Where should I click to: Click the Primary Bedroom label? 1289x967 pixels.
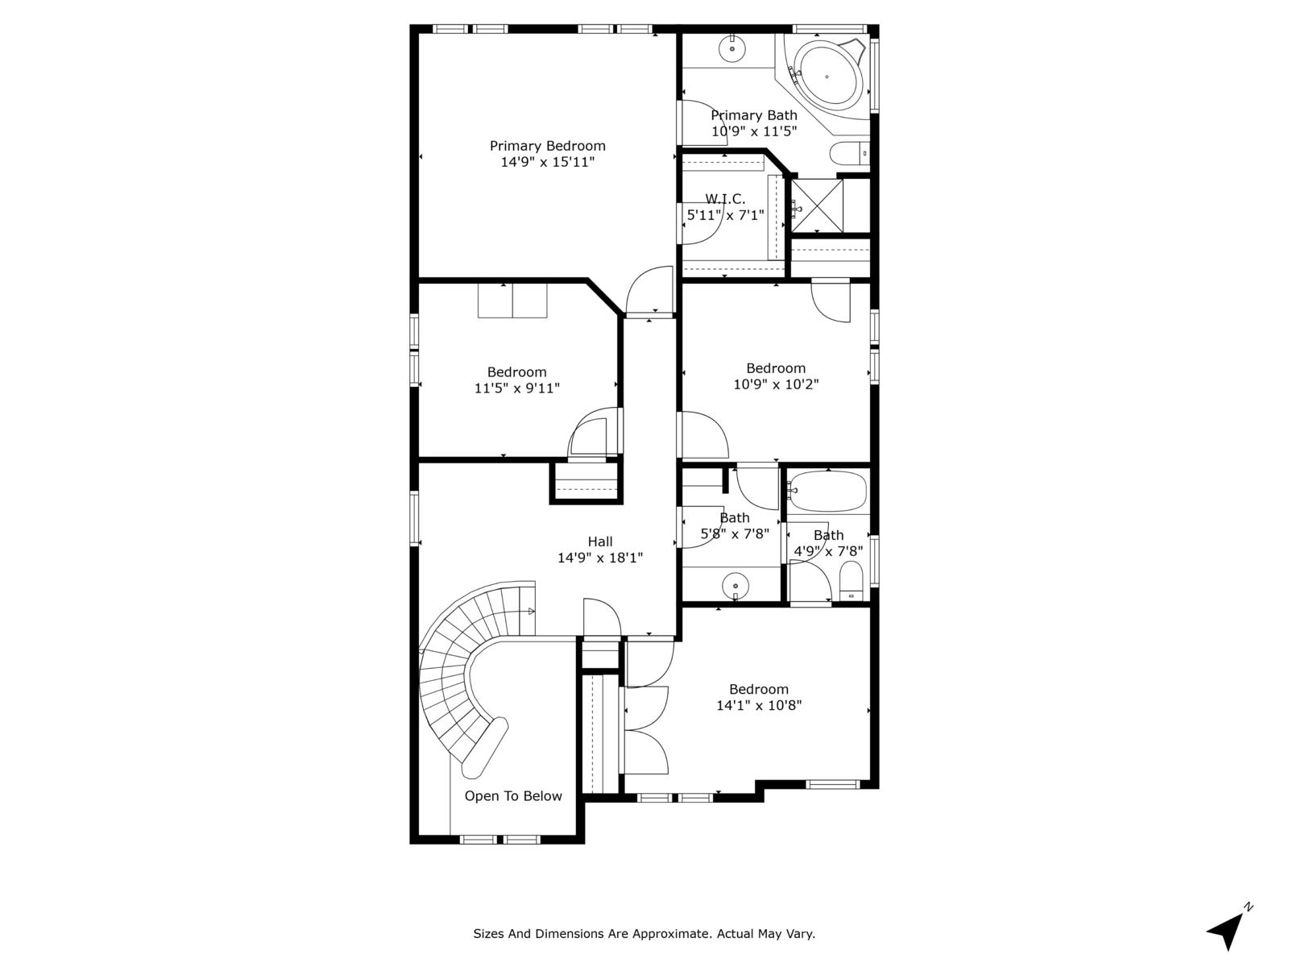coord(548,146)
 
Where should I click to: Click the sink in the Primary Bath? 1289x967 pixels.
coord(732,49)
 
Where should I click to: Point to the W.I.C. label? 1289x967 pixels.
coord(725,199)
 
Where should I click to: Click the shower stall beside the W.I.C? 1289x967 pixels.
coord(817,206)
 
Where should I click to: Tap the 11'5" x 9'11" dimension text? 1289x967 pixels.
coord(516,388)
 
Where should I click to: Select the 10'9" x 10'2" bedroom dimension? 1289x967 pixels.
coord(776,384)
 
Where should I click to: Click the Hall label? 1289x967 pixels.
coord(600,542)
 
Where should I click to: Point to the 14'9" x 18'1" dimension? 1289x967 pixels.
coord(600,558)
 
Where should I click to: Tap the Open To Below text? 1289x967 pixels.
coord(513,796)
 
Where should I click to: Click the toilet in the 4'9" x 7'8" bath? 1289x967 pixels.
coord(851,580)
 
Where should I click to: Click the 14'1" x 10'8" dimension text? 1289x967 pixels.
coord(759,706)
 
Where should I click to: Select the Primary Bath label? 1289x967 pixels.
coord(754,115)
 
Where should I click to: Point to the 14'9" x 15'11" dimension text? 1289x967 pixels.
coord(548,162)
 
